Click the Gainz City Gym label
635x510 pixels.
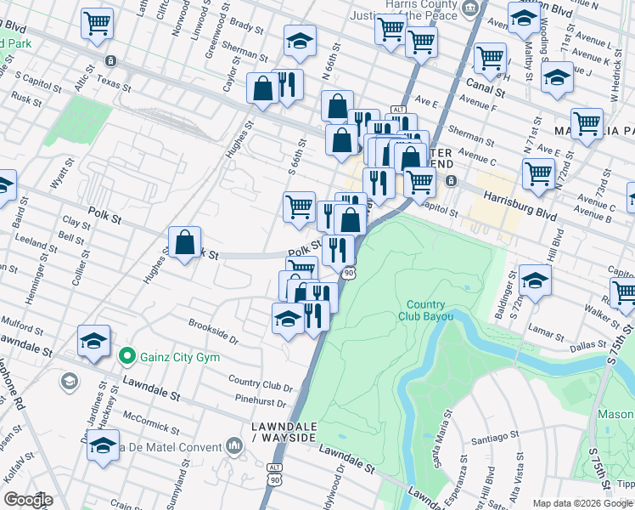[x=180, y=355]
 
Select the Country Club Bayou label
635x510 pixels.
[x=425, y=310]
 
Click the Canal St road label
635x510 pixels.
[x=486, y=87]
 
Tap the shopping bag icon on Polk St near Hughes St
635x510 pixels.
[x=184, y=243]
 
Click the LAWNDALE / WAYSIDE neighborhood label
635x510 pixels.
[x=284, y=431]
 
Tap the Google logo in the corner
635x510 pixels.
[x=28, y=499]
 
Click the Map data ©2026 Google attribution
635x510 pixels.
[x=582, y=503]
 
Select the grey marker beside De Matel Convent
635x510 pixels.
[x=235, y=445]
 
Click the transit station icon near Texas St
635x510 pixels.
[x=110, y=61]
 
